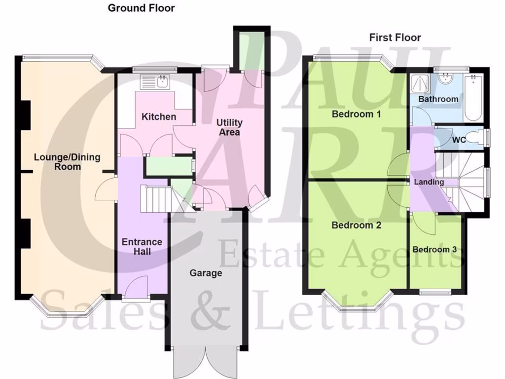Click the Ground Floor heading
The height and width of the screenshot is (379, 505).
141,8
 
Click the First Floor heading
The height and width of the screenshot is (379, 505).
395,38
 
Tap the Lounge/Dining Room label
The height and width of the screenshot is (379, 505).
67,162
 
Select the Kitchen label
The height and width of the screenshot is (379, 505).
159,117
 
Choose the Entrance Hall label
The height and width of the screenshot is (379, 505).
142,247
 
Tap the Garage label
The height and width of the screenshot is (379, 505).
206,273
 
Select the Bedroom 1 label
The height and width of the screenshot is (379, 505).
356,114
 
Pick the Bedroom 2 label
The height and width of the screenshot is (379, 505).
356,226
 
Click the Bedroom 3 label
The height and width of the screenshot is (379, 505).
434,249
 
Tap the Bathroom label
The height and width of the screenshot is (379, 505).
438,99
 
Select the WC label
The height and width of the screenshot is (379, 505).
459,140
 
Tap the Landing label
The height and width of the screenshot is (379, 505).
429,182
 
